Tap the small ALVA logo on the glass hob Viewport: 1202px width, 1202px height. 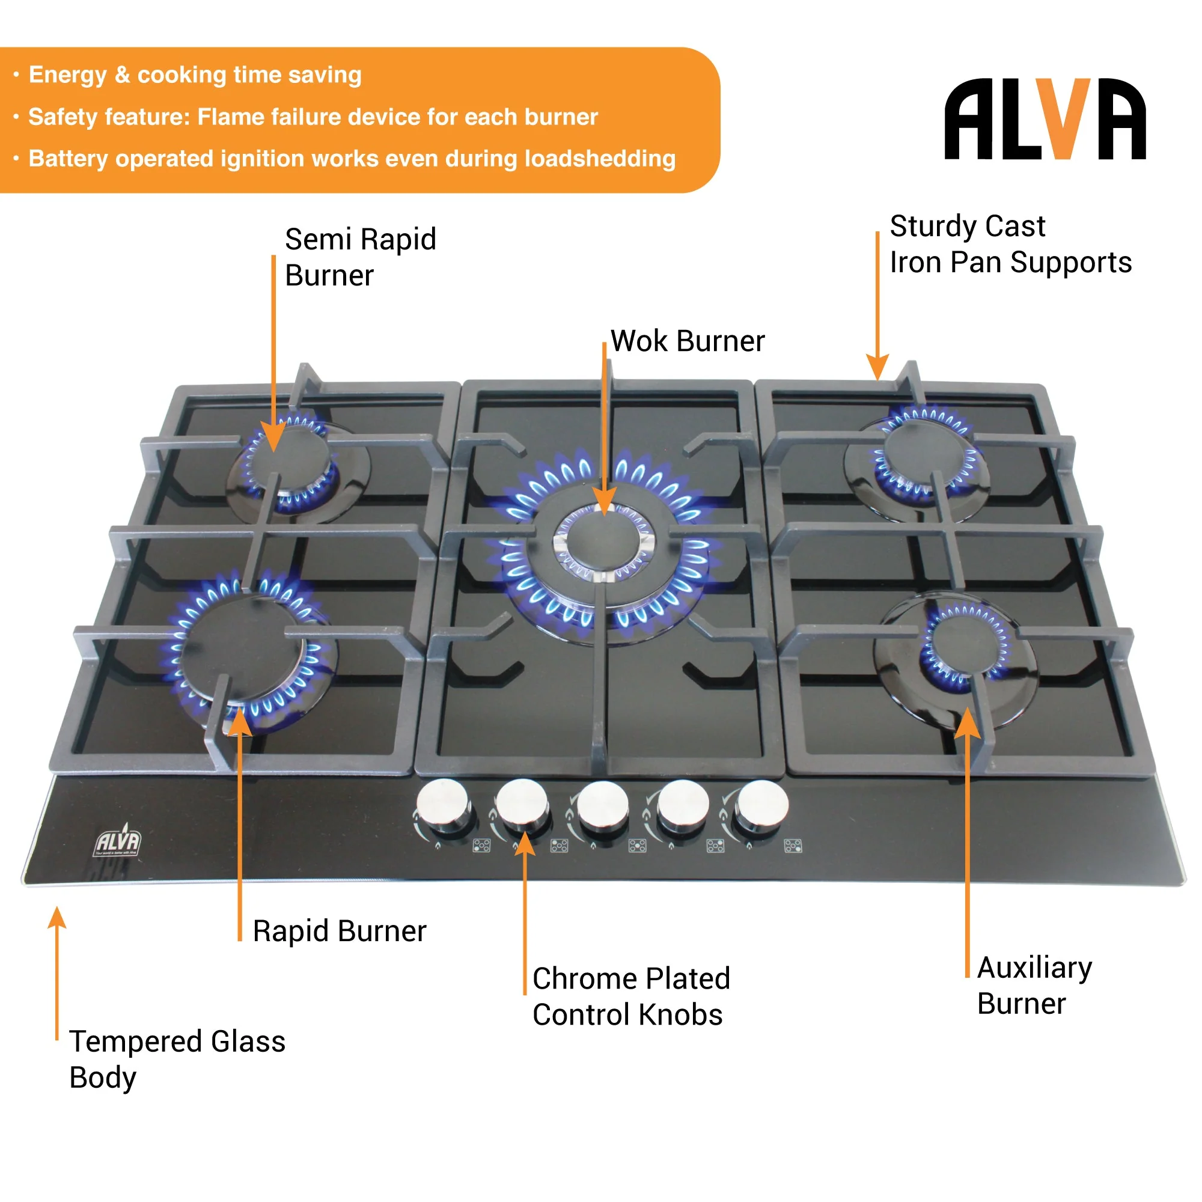click(118, 844)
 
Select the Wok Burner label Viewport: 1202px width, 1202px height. click(687, 341)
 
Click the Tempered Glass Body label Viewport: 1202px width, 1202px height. click(177, 1059)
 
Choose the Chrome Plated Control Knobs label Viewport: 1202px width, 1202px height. click(630, 996)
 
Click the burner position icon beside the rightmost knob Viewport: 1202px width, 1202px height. click(793, 846)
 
